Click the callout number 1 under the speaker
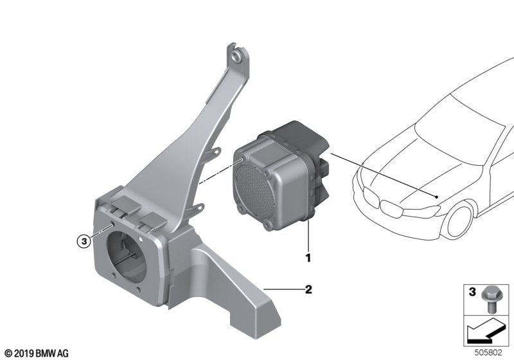[308, 258]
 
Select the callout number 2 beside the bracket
[308, 290]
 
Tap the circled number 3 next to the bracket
[83, 242]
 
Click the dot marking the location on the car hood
[436, 195]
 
